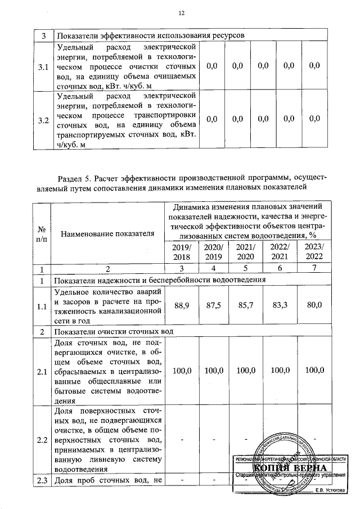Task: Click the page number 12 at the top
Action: coord(181,13)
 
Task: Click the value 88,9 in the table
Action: coord(182,305)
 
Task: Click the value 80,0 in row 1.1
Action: coord(314,305)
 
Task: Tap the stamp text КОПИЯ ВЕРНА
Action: coord(289,469)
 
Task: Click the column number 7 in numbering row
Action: coord(314,269)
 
